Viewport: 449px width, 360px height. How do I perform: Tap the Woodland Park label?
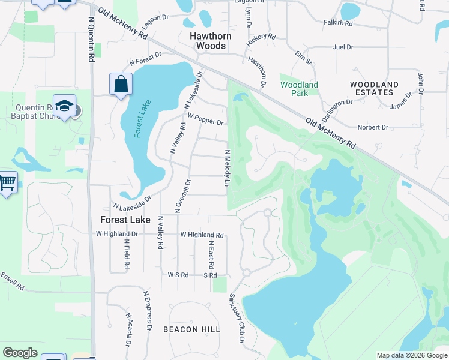[x=299, y=89]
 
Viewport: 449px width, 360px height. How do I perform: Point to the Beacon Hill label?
[x=191, y=329]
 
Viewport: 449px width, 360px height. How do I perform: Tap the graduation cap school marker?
[x=64, y=106]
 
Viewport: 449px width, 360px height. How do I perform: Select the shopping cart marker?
[x=7, y=182]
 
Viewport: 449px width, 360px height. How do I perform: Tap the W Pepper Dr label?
[x=205, y=119]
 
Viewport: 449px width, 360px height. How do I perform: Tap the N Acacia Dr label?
[x=128, y=329]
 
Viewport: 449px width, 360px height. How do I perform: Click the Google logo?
[x=20, y=353]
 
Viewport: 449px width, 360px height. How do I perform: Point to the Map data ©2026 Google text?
[x=411, y=355]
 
